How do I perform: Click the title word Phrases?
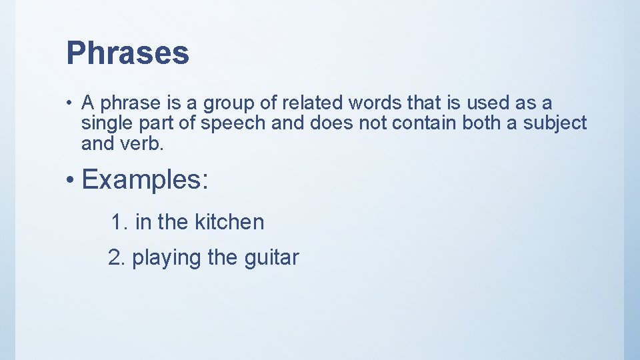[x=127, y=53]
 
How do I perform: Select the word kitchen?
[x=229, y=222]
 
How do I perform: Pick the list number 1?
[x=119, y=222]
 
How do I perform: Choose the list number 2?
[x=116, y=257]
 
